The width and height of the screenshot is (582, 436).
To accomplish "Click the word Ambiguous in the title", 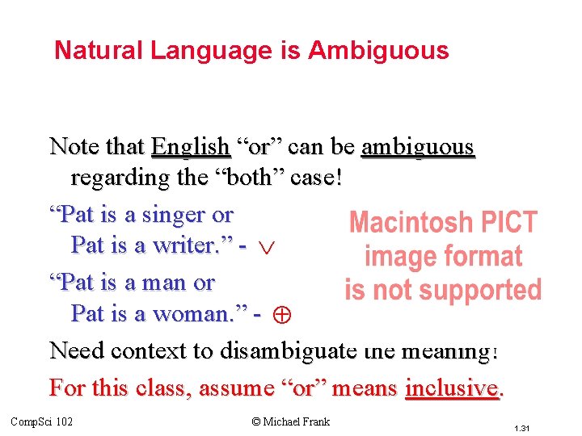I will [378, 51].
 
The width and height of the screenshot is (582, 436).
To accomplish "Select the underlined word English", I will [191, 147].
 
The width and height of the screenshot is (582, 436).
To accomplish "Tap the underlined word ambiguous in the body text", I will [418, 147].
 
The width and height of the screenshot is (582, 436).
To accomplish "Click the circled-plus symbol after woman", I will [282, 315].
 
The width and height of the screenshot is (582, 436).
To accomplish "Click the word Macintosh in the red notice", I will [410, 223].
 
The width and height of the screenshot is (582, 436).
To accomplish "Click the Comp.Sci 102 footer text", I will [43, 421].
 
